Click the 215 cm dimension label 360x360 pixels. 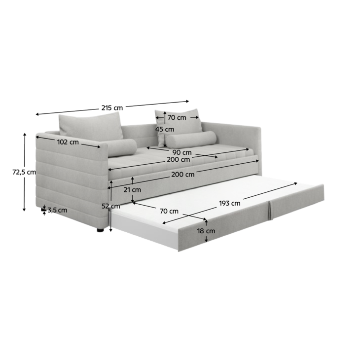112,108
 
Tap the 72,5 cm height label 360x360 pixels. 24,172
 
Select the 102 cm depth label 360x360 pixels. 68,142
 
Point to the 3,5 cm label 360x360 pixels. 57,210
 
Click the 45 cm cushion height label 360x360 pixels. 165,129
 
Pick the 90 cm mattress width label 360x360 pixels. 182,152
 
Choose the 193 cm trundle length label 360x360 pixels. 230,203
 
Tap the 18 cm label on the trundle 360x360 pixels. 206,231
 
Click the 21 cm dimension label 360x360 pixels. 132,190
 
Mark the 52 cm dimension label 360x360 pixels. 111,206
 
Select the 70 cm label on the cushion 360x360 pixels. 177,117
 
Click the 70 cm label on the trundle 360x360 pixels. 169,211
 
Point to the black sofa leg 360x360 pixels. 100,230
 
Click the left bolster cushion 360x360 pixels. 122,147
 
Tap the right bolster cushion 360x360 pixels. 191,140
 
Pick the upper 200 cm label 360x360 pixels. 179,159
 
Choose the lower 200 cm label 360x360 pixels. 183,175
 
